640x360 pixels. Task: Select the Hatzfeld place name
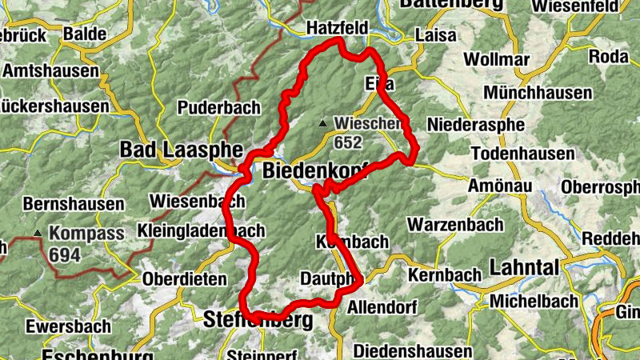[x=337, y=29]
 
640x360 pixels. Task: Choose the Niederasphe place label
[x=476, y=125]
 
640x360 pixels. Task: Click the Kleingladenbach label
[x=201, y=231]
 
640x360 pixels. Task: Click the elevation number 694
[x=64, y=255]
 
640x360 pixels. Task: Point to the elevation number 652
[x=350, y=143]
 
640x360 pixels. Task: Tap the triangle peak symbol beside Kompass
[x=37, y=234]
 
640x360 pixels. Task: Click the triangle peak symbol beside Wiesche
[x=323, y=124]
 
